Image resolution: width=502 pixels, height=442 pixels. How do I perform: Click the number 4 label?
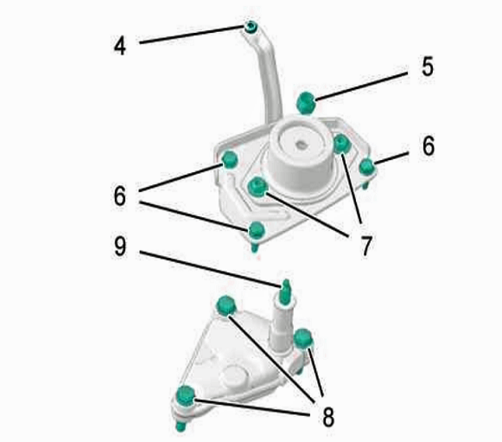(x=120, y=46)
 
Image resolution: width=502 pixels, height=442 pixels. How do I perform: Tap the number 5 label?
(x=428, y=67)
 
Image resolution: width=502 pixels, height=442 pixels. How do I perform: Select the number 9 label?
(x=120, y=247)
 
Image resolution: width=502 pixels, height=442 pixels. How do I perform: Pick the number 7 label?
(x=366, y=246)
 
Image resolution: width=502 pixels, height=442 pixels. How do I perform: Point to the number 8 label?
(x=328, y=417)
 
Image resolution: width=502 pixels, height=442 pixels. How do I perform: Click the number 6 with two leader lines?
(x=120, y=196)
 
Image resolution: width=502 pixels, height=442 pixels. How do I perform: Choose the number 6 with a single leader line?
(x=429, y=146)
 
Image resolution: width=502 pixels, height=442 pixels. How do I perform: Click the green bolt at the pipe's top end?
(x=251, y=27)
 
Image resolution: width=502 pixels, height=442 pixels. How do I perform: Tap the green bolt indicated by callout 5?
(x=306, y=103)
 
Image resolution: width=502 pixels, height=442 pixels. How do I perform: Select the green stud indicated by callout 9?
(x=285, y=291)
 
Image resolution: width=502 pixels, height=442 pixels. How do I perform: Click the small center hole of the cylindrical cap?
(x=301, y=145)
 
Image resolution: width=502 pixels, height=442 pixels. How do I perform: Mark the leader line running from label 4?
(x=192, y=35)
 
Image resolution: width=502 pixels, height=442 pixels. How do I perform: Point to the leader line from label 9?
(x=211, y=269)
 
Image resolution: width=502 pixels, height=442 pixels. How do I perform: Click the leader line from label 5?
(x=361, y=86)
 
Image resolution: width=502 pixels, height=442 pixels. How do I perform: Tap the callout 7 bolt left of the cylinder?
(x=257, y=187)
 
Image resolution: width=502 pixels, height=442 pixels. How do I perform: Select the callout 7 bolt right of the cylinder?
(x=342, y=144)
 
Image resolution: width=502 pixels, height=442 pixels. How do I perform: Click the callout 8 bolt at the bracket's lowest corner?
(x=186, y=396)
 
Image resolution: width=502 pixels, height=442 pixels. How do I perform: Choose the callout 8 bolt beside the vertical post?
(x=303, y=338)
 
